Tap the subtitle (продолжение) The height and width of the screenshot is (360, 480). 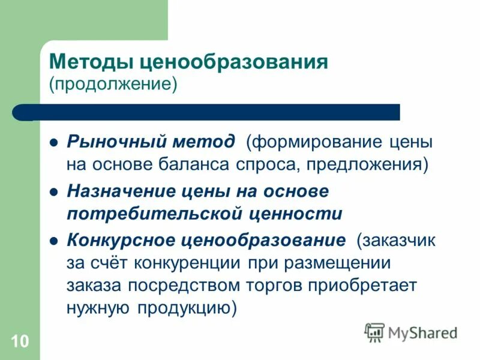pos(113,83)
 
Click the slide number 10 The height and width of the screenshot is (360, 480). pos(19,342)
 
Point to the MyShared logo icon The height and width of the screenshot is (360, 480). pos(374,332)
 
